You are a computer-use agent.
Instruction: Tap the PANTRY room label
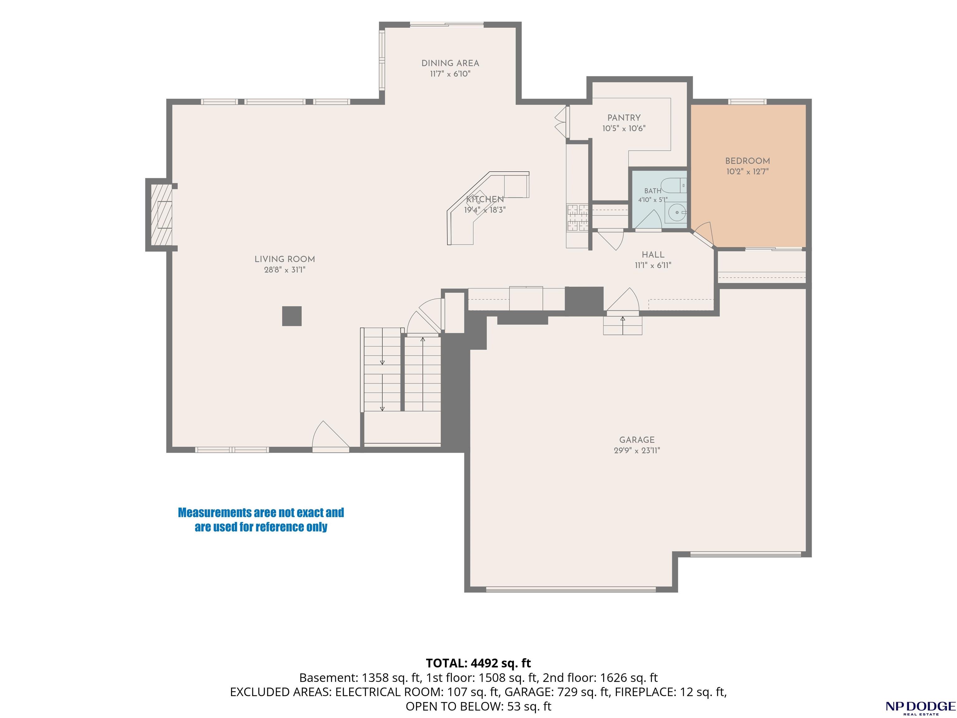[624, 118]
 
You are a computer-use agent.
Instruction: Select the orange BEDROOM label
[748, 161]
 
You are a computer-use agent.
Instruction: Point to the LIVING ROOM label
[285, 259]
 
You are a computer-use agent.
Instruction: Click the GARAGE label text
[637, 440]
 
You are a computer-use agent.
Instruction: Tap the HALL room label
[653, 255]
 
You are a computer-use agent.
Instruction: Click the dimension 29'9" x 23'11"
[637, 451]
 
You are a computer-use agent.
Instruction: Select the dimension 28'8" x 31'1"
[285, 270]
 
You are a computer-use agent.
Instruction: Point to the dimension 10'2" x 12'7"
[748, 172]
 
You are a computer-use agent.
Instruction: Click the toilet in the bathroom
[674, 185]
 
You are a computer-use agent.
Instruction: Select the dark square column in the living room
[292, 316]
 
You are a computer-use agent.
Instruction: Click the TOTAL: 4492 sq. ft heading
[478, 663]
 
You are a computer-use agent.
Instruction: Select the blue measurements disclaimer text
[261, 520]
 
